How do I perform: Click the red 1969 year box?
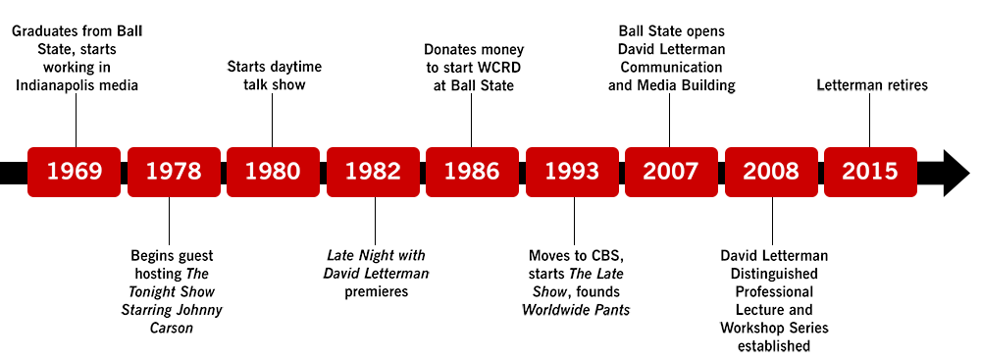(74, 172)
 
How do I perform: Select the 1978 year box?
(174, 172)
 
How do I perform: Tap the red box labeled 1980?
(273, 172)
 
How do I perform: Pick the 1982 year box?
(373, 172)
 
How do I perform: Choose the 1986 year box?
(473, 172)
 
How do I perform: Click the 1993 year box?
(572, 172)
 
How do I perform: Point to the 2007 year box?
(671, 172)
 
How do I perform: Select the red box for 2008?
(771, 172)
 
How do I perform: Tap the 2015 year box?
(870, 172)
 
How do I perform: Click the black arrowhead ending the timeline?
(955, 173)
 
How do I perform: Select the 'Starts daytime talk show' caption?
(274, 76)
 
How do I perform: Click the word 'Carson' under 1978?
(172, 328)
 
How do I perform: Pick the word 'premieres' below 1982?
(377, 291)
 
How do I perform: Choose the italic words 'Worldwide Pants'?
(576, 310)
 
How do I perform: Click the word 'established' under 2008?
(773, 346)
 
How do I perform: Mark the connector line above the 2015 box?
(869, 122)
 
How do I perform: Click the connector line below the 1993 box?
(574, 221)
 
